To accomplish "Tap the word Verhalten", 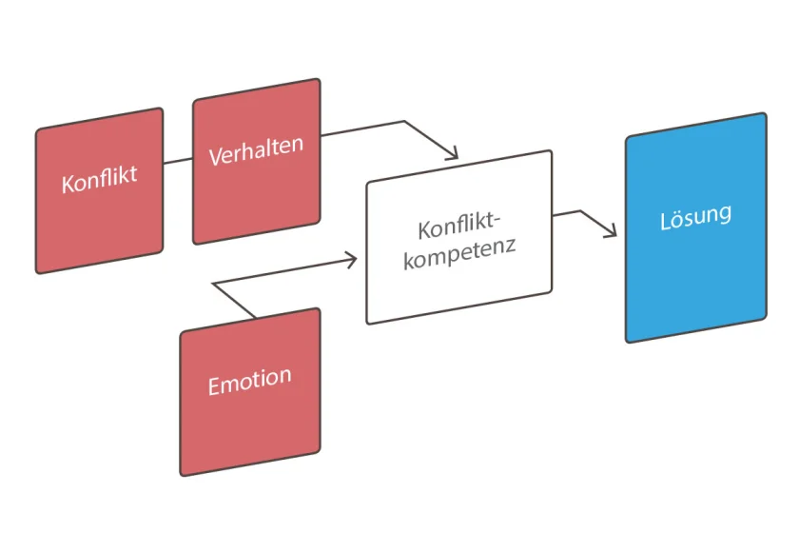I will click(x=256, y=149).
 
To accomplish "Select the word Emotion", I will click(x=249, y=381).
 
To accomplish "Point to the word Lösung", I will click(x=695, y=217).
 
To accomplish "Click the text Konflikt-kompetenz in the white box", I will click(x=458, y=242).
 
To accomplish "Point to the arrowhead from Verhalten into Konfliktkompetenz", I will click(x=454, y=154).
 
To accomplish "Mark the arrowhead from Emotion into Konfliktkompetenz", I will click(x=352, y=258).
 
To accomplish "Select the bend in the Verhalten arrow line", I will click(x=404, y=122).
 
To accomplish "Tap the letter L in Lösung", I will click(x=665, y=222).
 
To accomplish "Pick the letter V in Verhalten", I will click(x=215, y=157).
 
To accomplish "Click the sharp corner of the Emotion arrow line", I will click(x=213, y=284).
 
